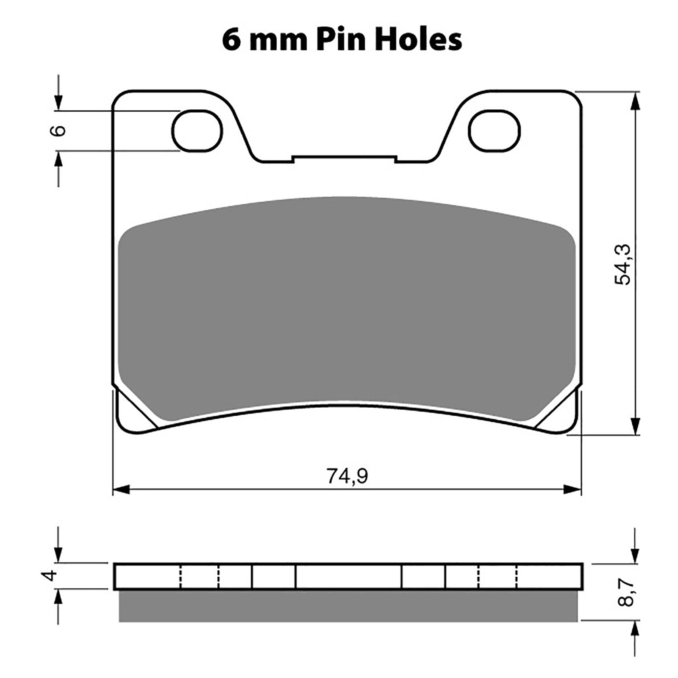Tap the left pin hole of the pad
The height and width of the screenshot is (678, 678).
coord(197,131)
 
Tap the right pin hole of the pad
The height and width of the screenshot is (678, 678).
coord(495,131)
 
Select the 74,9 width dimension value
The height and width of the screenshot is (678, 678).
coord(347,476)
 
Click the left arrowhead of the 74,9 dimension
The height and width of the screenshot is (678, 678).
coord(120,490)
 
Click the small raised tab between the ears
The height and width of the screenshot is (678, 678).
coord(345,158)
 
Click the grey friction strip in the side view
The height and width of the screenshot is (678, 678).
coord(347,606)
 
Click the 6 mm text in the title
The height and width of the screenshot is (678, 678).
coord(263,41)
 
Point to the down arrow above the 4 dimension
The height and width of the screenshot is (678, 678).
coord(58,553)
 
